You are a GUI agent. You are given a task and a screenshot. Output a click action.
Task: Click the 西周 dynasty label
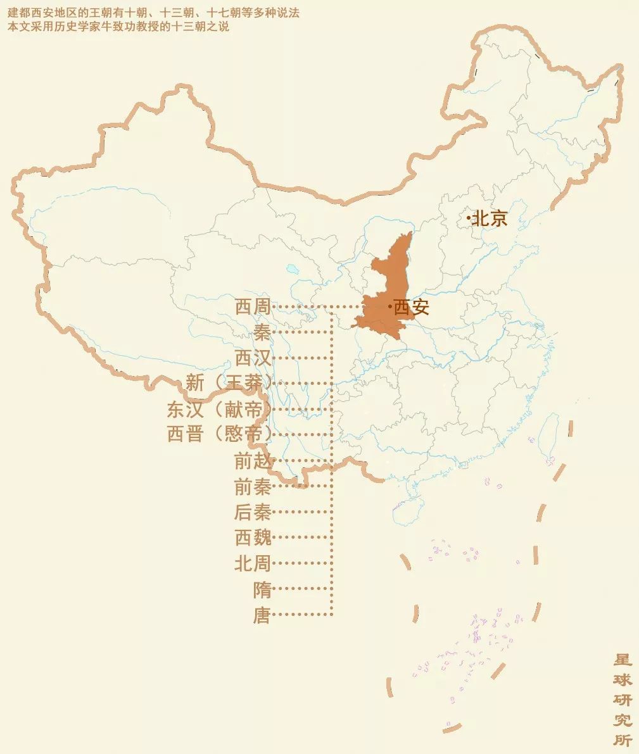click(253, 307)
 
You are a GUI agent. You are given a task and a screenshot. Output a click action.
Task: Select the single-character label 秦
click(262, 332)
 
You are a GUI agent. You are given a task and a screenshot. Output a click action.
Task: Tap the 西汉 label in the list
click(253, 358)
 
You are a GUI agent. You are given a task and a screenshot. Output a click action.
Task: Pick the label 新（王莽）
click(229, 383)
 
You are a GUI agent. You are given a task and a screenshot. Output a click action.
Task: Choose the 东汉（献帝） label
click(219, 409)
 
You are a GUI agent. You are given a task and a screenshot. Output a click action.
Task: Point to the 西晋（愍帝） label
click(219, 434)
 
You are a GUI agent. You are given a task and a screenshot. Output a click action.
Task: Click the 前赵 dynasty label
click(253, 462)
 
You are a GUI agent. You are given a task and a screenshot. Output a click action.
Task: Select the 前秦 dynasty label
click(253, 487)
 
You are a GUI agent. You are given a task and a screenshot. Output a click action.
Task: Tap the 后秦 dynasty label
click(253, 512)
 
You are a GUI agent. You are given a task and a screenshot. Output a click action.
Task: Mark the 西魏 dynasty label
click(253, 537)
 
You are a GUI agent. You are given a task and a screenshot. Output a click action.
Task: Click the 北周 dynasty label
click(253, 563)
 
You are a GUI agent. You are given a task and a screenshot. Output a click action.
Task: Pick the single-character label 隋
click(262, 589)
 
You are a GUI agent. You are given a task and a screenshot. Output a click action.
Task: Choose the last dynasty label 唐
click(262, 615)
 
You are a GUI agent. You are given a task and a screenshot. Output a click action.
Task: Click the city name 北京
click(490, 218)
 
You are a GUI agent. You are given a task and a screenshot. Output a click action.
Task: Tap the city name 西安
click(412, 308)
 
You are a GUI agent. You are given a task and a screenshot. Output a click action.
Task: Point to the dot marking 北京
click(469, 218)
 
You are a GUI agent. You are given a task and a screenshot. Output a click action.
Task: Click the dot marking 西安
click(390, 307)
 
